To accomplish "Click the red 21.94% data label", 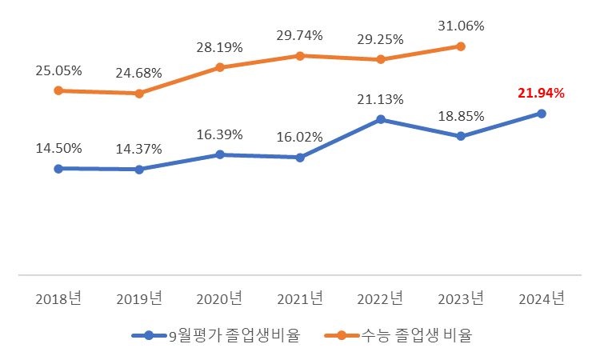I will (x=541, y=94).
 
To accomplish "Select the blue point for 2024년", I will (x=542, y=114).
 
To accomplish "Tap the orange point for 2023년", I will (x=461, y=46).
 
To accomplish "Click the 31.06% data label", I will (x=461, y=26).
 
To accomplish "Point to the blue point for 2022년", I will (x=381, y=119).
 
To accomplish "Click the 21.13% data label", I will (x=380, y=99).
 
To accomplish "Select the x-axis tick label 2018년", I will (x=58, y=299).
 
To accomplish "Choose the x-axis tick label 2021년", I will (x=300, y=299).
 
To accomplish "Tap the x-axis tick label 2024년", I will (x=542, y=299).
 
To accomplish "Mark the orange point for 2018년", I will (x=58, y=90).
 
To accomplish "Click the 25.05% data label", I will (x=58, y=71).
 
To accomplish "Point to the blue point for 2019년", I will (x=139, y=170).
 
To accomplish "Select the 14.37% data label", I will (x=138, y=150).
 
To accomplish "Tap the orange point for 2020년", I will (x=219, y=67).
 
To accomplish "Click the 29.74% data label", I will (x=300, y=36).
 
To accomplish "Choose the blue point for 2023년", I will (x=461, y=136).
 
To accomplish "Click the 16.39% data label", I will (x=219, y=134).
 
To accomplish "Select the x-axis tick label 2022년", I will (x=381, y=299).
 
